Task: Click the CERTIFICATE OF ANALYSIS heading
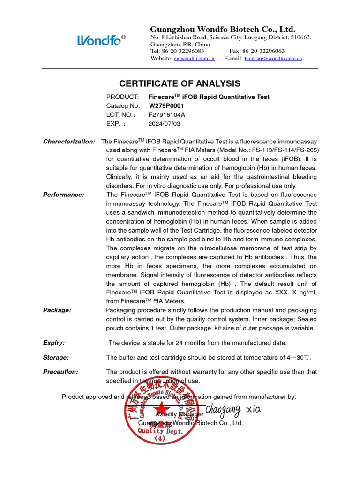[180, 84]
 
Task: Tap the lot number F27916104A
[166, 114]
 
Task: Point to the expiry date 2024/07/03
[164, 124]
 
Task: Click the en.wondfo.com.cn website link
[194, 59]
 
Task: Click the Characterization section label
[69, 142]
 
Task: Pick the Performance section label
[64, 195]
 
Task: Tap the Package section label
[57, 310]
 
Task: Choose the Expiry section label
[54, 343]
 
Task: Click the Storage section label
[56, 358]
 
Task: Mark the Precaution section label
[60, 372]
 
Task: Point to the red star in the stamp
[161, 407]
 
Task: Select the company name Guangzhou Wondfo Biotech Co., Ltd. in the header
[223, 29]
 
